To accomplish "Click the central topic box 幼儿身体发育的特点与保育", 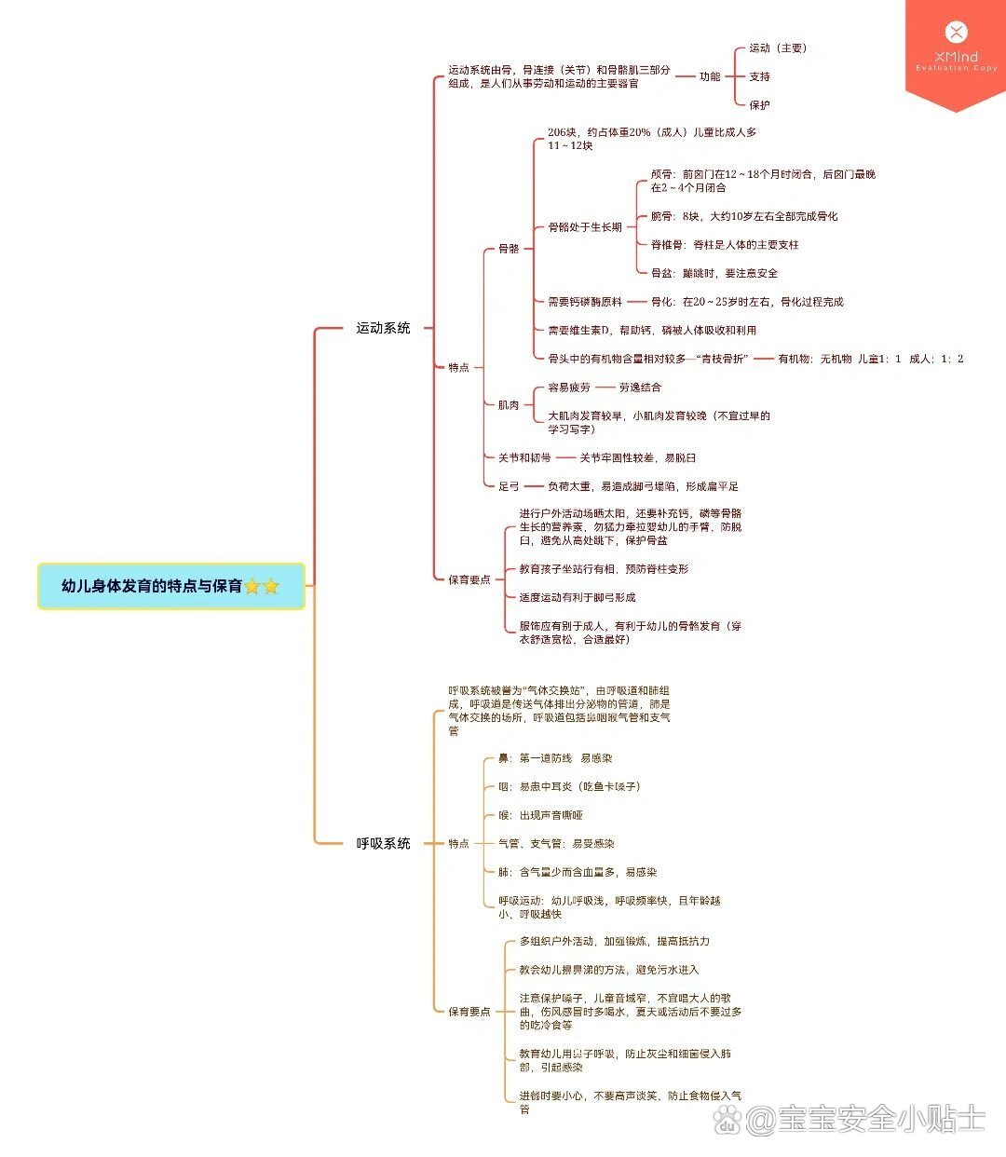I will click(x=171, y=586).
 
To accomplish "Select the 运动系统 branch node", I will click(x=383, y=328).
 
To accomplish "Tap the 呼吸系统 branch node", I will click(x=383, y=843).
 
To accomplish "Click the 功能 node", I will click(x=710, y=76).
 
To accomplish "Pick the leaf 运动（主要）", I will click(x=778, y=48).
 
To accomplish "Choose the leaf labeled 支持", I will click(x=760, y=76).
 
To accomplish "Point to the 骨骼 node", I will click(x=509, y=249).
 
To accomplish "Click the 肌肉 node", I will click(x=509, y=405).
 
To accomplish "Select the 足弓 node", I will click(x=509, y=486).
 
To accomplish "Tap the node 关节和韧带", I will click(x=524, y=457).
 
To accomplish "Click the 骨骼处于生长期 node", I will click(x=585, y=227).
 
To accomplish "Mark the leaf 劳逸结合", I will click(x=640, y=388).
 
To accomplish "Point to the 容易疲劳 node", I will click(x=569, y=388).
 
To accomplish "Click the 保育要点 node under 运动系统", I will click(x=469, y=579).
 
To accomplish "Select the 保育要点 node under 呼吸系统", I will click(x=469, y=1012).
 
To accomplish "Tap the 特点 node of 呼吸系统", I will click(x=459, y=843).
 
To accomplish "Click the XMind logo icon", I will click(x=956, y=34).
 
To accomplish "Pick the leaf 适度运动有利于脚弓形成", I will click(x=578, y=597).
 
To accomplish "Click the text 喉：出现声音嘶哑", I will click(x=540, y=815).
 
